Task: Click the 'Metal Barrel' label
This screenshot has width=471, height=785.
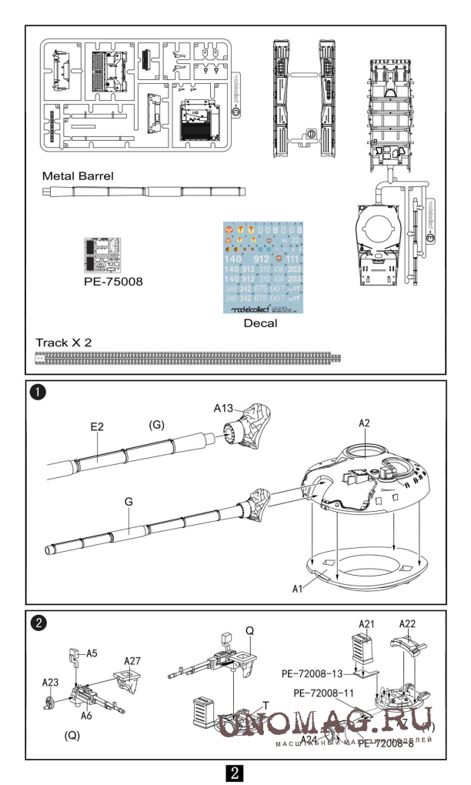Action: pyautogui.click(x=78, y=175)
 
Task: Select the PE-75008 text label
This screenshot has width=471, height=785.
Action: pyautogui.click(x=112, y=282)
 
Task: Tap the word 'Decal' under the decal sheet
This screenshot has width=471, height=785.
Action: pyautogui.click(x=260, y=323)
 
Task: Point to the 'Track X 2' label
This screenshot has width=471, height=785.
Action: pyautogui.click(x=64, y=341)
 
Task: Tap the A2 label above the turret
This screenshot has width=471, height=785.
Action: pyautogui.click(x=364, y=423)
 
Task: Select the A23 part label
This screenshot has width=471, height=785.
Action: pyautogui.click(x=51, y=681)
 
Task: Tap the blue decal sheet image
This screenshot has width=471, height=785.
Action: pyautogui.click(x=262, y=268)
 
